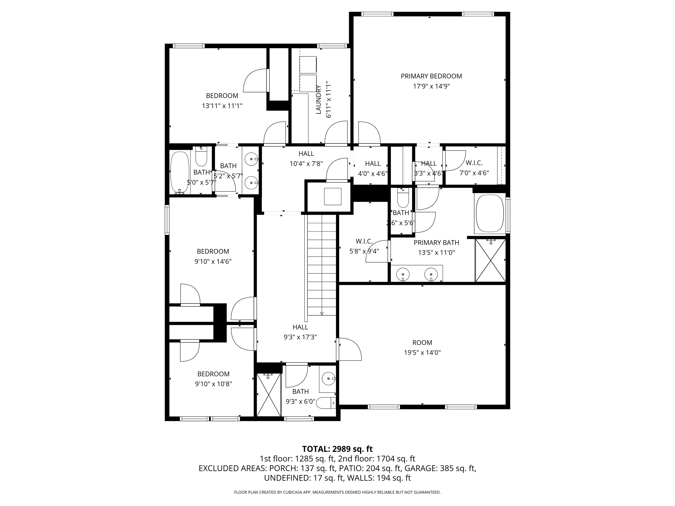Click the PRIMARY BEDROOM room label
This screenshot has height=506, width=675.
pos(431,76)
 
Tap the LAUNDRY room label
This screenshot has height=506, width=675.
pos(319,100)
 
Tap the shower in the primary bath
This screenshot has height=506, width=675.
pos(490,260)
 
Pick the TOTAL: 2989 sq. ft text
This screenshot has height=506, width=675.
pos(337,449)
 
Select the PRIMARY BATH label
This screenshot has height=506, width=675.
pos(436,243)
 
